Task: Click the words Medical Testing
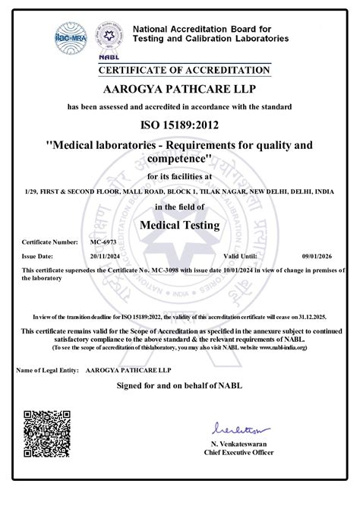point(180,225)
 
